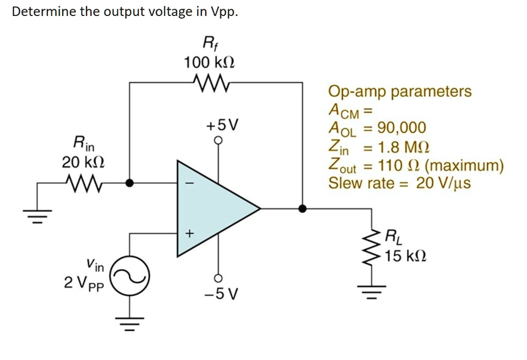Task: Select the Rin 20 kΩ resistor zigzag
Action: [x=82, y=182]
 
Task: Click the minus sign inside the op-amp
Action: [x=189, y=183]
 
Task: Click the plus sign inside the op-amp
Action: [x=189, y=234]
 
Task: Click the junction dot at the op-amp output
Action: [x=303, y=209]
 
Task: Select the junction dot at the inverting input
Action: [x=130, y=183]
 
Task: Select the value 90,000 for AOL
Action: [x=401, y=128]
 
